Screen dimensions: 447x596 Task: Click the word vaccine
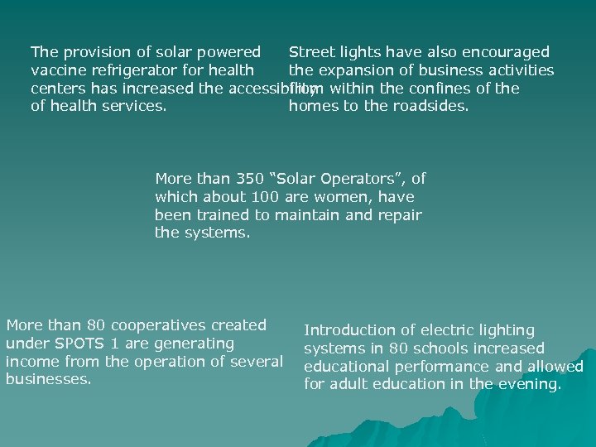point(58,70)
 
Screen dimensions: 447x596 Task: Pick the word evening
point(532,384)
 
